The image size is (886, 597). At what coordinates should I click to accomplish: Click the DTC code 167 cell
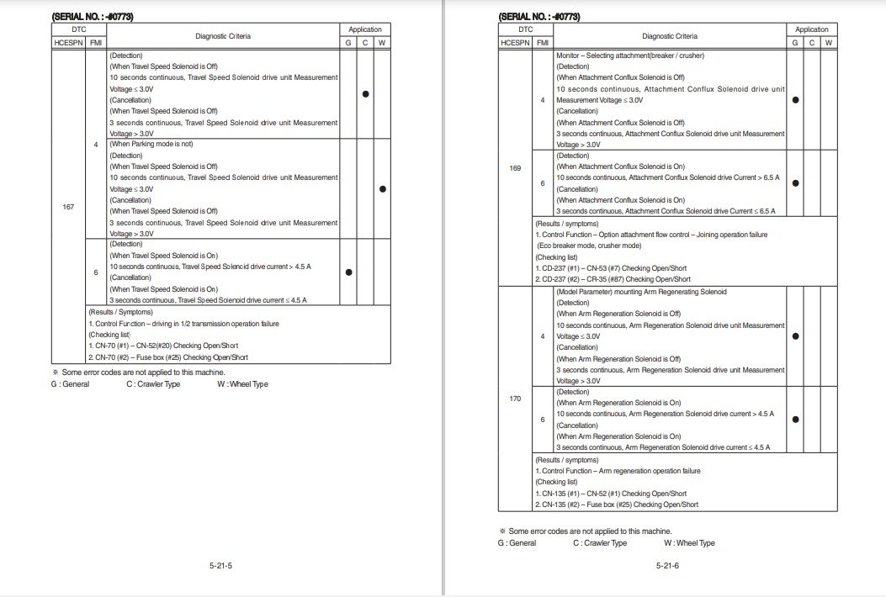point(68,207)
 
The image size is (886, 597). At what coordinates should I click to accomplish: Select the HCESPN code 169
point(515,168)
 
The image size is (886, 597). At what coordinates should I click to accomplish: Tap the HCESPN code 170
point(515,398)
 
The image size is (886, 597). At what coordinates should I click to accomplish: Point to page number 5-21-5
point(220,566)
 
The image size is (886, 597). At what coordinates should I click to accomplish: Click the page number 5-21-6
point(667,566)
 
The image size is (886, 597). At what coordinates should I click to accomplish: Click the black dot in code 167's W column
point(382,189)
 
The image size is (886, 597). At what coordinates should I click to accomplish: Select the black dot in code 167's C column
point(365,94)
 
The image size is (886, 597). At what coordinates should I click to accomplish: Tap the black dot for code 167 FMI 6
point(348,272)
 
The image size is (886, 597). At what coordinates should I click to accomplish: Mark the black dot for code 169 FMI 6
point(795,183)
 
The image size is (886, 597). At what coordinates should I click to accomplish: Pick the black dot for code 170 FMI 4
point(795,336)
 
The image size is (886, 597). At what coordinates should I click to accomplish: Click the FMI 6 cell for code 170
point(542,420)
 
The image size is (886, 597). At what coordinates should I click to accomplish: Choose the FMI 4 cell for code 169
point(542,100)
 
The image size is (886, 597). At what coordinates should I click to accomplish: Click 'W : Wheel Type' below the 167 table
point(242,384)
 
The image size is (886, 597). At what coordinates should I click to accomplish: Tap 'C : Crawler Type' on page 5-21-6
point(600,543)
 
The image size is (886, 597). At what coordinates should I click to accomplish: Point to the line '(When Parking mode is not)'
point(151,145)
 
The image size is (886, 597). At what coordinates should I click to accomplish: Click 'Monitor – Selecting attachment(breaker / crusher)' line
point(630,55)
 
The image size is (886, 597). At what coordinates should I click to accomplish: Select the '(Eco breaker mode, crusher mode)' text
point(589,246)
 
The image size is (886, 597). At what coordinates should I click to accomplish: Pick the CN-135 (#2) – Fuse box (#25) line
point(617,505)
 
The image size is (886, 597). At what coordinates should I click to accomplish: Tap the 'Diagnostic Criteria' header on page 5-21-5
point(223,36)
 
